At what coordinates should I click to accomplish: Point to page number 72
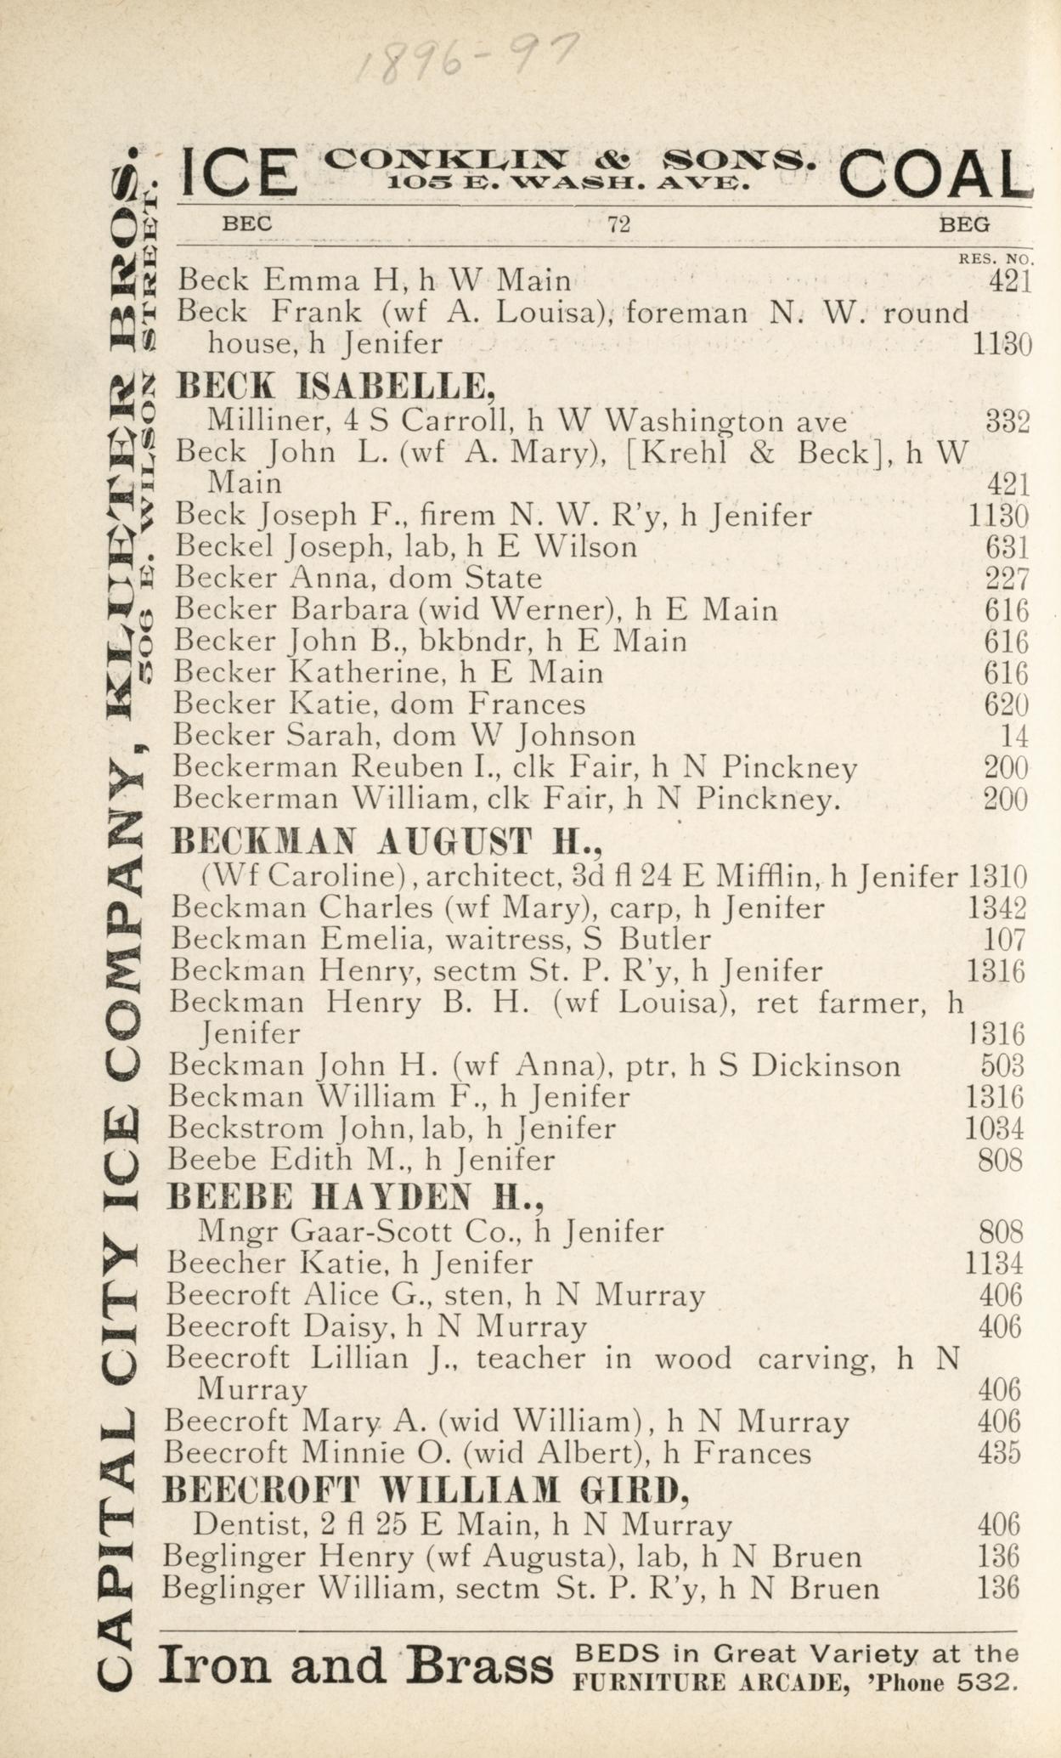(618, 225)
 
